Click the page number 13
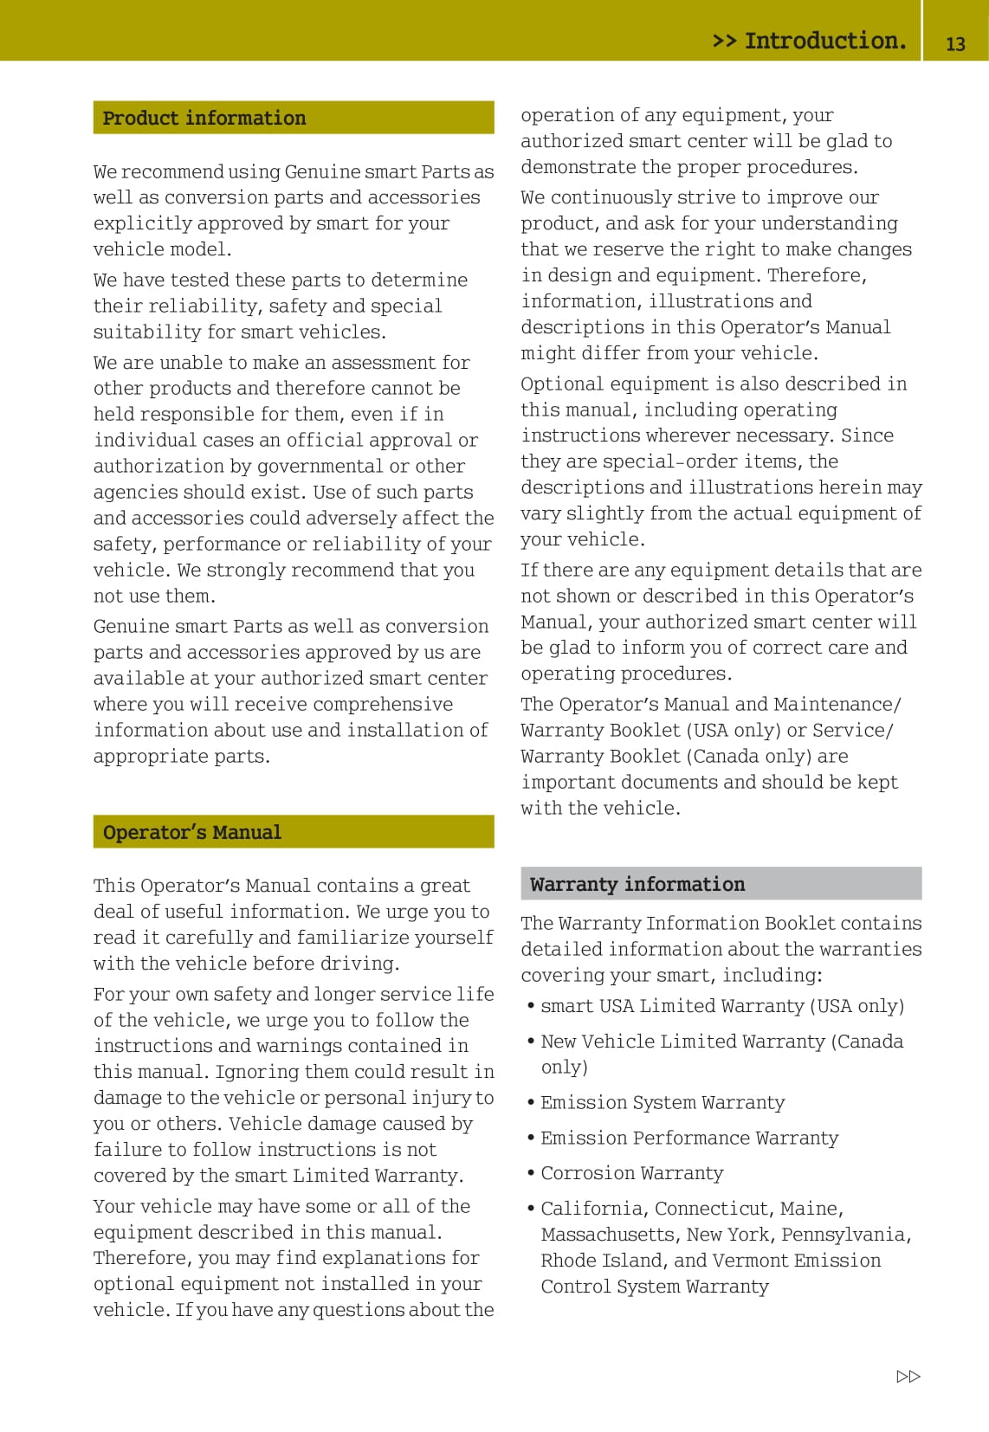coord(955,43)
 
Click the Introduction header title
coord(810,41)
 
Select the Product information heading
coord(204,118)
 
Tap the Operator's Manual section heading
coord(192,832)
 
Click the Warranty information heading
coord(637,884)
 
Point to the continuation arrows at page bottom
coord(908,1377)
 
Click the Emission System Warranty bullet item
coord(663,1102)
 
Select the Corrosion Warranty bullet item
coord(632,1172)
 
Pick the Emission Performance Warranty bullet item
coord(689,1138)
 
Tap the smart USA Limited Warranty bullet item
coord(722,1006)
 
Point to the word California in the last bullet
coord(593,1209)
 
